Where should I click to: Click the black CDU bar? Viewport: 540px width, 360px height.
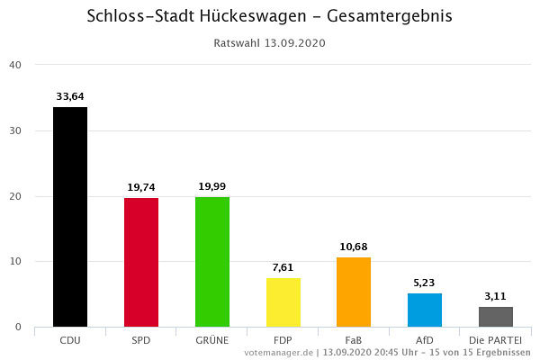tap(70, 217)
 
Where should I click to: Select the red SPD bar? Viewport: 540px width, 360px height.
tap(141, 262)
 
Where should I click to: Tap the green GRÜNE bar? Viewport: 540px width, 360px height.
tap(212, 261)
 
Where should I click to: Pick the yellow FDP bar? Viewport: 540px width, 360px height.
tap(283, 301)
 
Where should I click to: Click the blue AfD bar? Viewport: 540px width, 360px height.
tap(425, 310)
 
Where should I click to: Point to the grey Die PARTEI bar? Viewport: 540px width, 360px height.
tap(496, 317)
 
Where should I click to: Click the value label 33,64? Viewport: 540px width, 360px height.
tap(70, 96)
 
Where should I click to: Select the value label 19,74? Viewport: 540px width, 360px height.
tap(141, 187)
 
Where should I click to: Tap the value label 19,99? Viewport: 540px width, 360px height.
tap(212, 186)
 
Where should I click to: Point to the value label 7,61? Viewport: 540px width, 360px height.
tap(283, 267)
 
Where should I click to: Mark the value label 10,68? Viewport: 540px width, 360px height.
tap(354, 247)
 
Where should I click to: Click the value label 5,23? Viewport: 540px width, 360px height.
tap(425, 283)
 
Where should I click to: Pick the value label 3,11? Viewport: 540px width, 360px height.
tap(496, 296)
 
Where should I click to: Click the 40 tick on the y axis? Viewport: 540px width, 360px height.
tap(15, 65)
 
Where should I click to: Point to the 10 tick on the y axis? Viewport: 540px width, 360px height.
tap(15, 262)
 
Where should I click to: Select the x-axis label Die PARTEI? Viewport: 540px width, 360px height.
tap(496, 340)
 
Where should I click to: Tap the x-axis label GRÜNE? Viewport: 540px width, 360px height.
tap(212, 340)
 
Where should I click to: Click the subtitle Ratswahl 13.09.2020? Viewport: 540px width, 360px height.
tap(270, 42)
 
